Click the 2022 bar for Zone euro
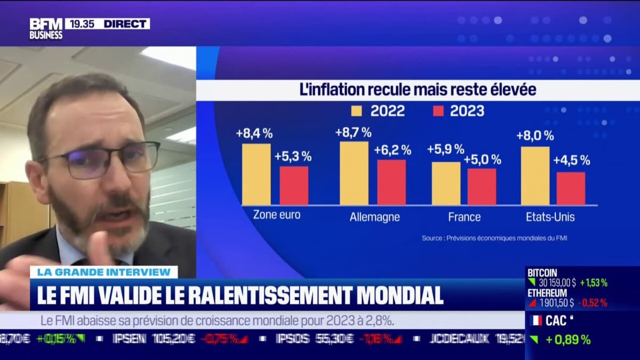(x=256, y=174)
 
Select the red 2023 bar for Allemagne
(x=391, y=182)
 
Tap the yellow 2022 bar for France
(x=446, y=183)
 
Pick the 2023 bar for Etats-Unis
(x=571, y=188)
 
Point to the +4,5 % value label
(x=571, y=160)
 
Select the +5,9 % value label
(x=445, y=149)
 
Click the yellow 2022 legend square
(x=356, y=111)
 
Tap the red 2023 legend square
(x=438, y=111)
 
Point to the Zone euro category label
(x=276, y=215)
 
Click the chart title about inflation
(x=418, y=90)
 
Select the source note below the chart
(x=494, y=238)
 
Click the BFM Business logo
(x=46, y=29)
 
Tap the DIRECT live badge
(x=126, y=24)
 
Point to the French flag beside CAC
(x=536, y=321)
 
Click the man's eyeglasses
(x=101, y=159)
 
